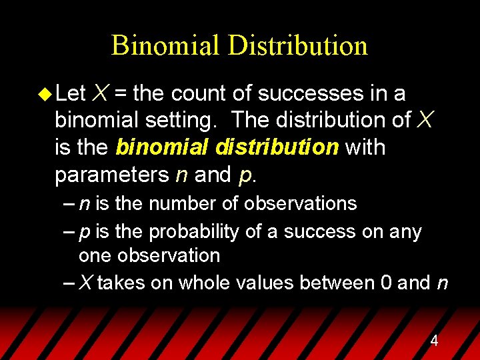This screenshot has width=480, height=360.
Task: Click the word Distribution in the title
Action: (x=298, y=45)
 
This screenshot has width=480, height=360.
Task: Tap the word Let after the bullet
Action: (x=71, y=93)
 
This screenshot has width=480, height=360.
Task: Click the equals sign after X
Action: (x=122, y=93)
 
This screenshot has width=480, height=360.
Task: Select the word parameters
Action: (x=112, y=175)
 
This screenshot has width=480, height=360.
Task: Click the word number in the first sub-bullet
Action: (x=175, y=203)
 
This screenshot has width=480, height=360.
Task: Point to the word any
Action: (x=406, y=232)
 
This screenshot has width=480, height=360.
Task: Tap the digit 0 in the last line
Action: (x=386, y=283)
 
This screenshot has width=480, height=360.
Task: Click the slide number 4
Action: (x=434, y=341)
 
